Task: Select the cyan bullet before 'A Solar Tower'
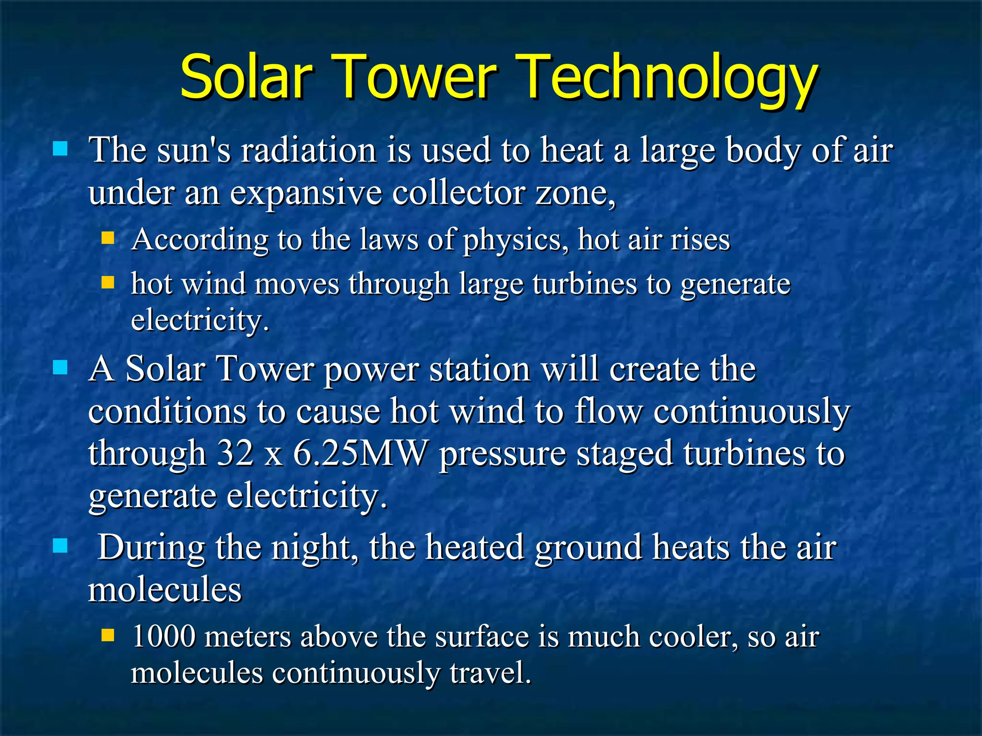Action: [x=60, y=368]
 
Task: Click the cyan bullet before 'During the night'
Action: [x=60, y=546]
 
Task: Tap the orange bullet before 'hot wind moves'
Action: [x=108, y=282]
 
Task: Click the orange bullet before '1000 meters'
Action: [x=108, y=635]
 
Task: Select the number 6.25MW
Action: [x=360, y=453]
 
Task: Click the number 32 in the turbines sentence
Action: [x=235, y=453]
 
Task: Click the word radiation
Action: [x=309, y=150]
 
